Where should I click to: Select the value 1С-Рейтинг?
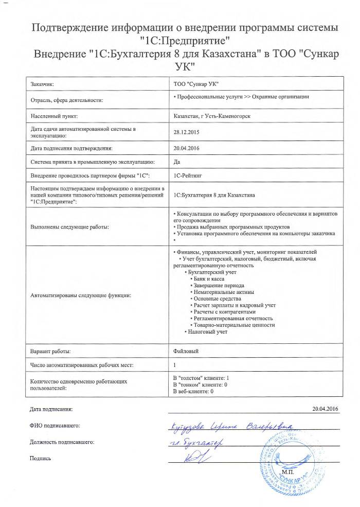tap(189, 176)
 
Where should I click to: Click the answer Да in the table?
tap(177, 162)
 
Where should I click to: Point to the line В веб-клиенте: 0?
tap(194, 392)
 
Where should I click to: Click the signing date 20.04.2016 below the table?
tap(326, 409)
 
